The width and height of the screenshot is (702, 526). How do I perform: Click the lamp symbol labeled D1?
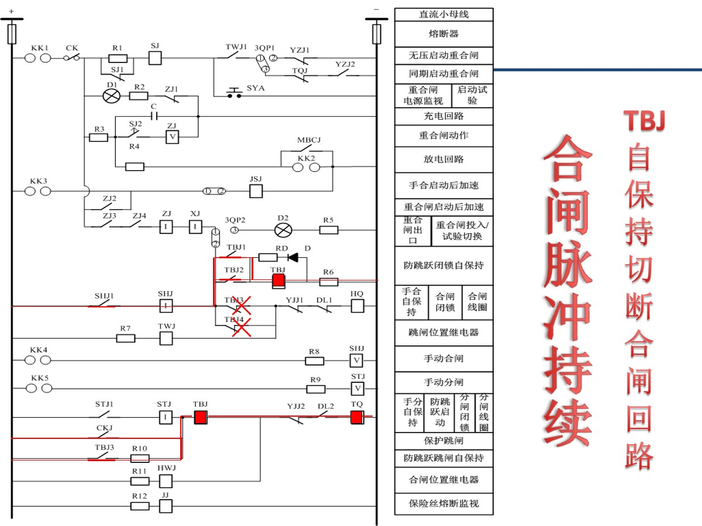click(111, 95)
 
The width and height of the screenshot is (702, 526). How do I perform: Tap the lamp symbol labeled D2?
click(283, 230)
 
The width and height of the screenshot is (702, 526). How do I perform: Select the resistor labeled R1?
click(118, 58)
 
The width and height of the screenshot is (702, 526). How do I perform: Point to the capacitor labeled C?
click(154, 116)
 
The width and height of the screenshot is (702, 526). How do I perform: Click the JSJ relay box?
click(256, 191)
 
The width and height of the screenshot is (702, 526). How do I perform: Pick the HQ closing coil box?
click(357, 305)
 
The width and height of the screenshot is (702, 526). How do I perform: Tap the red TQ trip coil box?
click(357, 417)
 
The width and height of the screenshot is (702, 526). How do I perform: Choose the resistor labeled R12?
click(140, 506)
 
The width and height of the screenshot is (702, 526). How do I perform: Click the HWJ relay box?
click(166, 480)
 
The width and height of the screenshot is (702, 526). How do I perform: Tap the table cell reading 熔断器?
click(443, 34)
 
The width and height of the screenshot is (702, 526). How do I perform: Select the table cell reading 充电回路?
click(443, 116)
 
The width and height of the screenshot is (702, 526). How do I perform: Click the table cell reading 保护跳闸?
click(443, 440)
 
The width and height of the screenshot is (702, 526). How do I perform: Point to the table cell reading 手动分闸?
click(443, 382)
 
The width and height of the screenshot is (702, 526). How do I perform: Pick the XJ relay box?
click(195, 227)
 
